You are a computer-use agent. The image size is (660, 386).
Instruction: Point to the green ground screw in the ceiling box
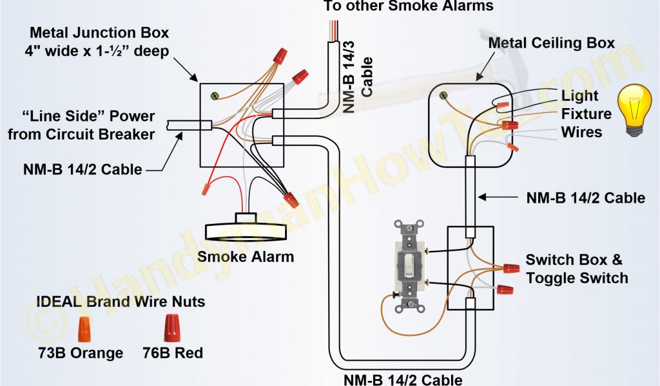(x=443, y=96)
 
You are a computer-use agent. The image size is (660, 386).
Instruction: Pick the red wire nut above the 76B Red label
(x=172, y=327)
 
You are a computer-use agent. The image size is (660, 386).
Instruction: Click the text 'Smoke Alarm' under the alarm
(x=246, y=257)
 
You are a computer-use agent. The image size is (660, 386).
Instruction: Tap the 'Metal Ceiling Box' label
(x=551, y=44)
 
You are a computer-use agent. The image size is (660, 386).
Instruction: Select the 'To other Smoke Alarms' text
(x=408, y=6)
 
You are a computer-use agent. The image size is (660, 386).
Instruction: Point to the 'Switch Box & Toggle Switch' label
(x=576, y=269)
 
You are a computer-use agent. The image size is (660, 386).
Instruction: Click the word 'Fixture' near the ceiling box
(x=587, y=114)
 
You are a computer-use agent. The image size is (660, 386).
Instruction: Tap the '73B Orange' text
(x=81, y=353)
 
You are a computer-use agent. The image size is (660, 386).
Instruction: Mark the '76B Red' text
(x=173, y=353)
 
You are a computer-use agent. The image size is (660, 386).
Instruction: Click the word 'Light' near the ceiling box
(x=580, y=96)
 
